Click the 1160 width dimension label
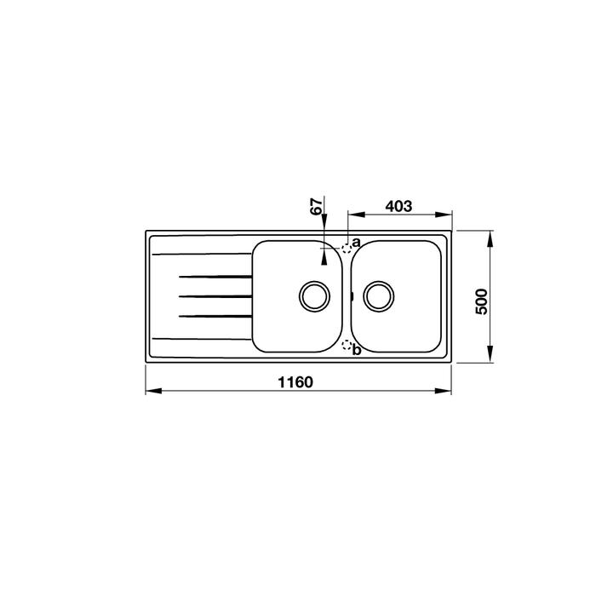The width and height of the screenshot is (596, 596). [x=295, y=382]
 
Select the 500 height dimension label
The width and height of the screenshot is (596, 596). [x=482, y=301]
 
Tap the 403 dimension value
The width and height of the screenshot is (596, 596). [x=398, y=206]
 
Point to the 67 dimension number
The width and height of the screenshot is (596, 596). [x=317, y=206]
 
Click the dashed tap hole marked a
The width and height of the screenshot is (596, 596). [x=347, y=249]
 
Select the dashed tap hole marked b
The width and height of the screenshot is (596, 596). [x=347, y=345]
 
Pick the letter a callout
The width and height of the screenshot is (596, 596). [x=356, y=242]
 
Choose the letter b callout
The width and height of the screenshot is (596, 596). [x=356, y=350]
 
